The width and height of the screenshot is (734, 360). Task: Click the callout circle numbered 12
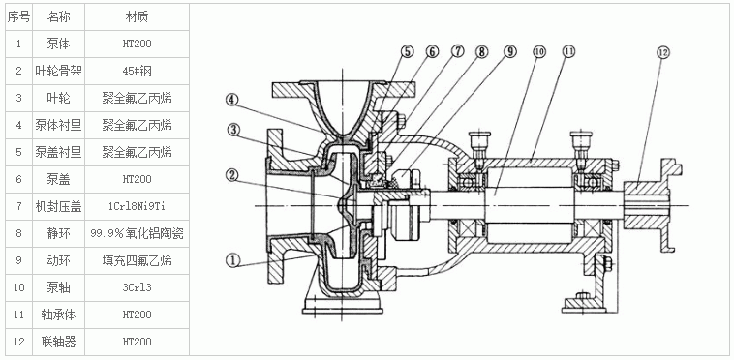(663, 52)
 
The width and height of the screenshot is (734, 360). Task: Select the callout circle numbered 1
(232, 260)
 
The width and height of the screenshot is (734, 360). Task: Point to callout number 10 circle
(539, 52)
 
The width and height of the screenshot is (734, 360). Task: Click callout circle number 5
(407, 51)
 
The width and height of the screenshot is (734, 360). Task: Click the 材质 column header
(138, 17)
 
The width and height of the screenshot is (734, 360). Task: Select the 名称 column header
(58, 17)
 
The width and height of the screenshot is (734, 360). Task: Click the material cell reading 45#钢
(138, 71)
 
